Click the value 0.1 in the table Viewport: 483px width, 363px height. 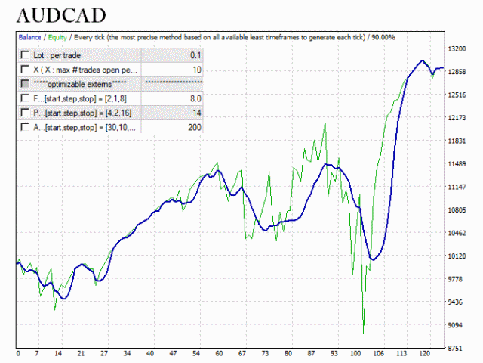195,55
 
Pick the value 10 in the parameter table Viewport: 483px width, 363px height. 196,70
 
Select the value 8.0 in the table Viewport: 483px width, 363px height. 195,98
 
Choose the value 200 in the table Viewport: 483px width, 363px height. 194,127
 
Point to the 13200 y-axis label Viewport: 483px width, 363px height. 459,48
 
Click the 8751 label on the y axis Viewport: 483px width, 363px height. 457,349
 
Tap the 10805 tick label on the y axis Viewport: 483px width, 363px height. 459,210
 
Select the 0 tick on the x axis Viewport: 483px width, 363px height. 17,354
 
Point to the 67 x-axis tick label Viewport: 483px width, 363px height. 243,354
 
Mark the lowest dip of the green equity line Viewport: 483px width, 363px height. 364,334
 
